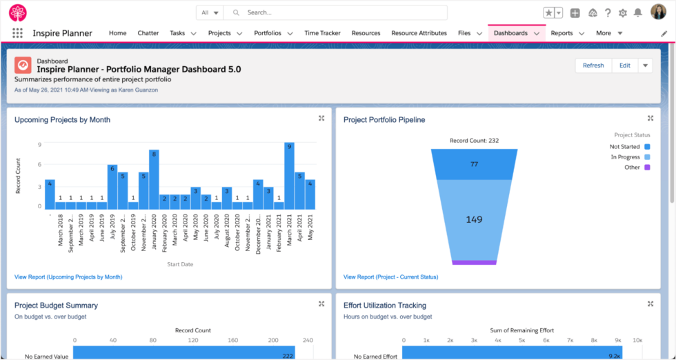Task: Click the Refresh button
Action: point(593,66)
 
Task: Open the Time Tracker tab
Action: point(322,33)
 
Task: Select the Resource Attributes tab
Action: point(419,33)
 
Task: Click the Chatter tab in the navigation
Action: point(148,33)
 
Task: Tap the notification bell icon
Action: point(638,13)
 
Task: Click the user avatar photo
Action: point(659,12)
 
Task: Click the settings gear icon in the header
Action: point(623,13)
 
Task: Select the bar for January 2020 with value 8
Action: point(154,180)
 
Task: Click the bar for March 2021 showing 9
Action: point(289,176)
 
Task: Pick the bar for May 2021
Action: point(310,194)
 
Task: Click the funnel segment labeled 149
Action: point(474,220)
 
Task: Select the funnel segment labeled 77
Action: point(474,164)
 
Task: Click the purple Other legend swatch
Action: point(647,168)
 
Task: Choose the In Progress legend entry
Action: point(625,157)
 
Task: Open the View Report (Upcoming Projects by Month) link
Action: point(68,277)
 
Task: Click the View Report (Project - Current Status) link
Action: point(390,277)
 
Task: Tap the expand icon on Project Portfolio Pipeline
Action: point(650,119)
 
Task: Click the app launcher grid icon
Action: point(17,33)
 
